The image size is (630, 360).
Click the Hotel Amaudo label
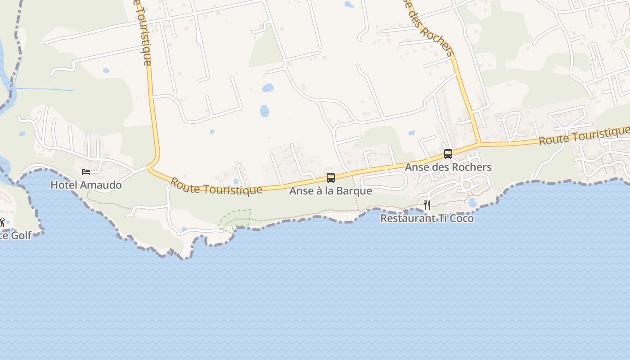85,184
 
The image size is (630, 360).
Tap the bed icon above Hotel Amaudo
85,172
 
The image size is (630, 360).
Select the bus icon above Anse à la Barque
331,178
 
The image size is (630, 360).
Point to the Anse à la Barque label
330,191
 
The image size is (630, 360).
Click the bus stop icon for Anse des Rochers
448,154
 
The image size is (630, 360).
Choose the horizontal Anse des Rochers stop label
448,167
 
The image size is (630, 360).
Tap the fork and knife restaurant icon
427,205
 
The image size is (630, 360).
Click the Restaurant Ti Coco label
427,218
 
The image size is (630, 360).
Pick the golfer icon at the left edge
2,222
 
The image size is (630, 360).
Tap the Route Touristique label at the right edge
584,135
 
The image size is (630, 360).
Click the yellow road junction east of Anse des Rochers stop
479,144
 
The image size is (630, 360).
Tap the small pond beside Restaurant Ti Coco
472,202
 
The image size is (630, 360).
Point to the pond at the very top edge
349,4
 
